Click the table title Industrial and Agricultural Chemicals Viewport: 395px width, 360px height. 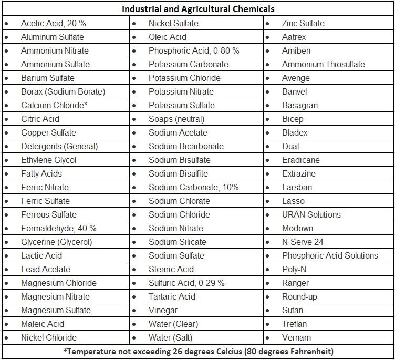pyautogui.click(x=198, y=9)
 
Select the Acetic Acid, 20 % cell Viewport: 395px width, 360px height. pyautogui.click(x=53, y=23)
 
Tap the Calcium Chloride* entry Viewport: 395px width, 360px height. pyautogui.click(x=54, y=105)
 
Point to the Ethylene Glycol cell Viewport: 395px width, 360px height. pyautogui.click(x=48, y=160)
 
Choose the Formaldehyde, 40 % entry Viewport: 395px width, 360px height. pyautogui.click(x=58, y=228)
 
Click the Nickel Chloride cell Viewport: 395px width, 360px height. pyautogui.click(x=48, y=337)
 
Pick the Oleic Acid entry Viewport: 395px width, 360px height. pyautogui.click(x=167, y=37)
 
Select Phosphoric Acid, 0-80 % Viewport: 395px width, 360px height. pyautogui.click(x=194, y=50)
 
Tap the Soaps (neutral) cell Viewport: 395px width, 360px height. pyautogui.click(x=176, y=119)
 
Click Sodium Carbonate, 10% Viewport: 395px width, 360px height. pyautogui.click(x=193, y=187)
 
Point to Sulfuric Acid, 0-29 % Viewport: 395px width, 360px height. pyautogui.click(x=186, y=283)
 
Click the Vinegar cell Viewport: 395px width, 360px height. pyautogui.click(x=163, y=310)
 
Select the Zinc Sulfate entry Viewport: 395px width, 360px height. pyautogui.click(x=303, y=23)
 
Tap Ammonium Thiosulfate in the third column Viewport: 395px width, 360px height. pyautogui.click(x=323, y=64)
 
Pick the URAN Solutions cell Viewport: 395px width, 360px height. pyautogui.click(x=311, y=214)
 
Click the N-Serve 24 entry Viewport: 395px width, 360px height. pyautogui.click(x=303, y=242)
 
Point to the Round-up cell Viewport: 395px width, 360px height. pyautogui.click(x=299, y=296)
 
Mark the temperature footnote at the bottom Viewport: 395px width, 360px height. pyautogui.click(x=198, y=351)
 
